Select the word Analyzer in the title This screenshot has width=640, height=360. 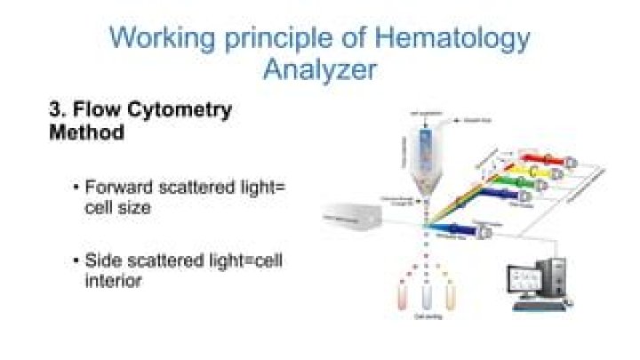319,70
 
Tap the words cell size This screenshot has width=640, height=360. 118,207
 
